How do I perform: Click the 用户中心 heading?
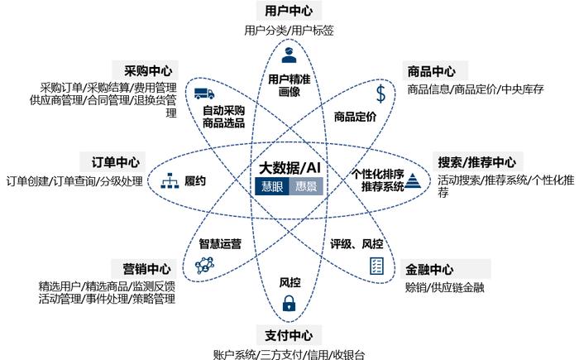[x=289, y=11]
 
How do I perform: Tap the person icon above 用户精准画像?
[x=289, y=55]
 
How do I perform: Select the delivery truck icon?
[x=204, y=94]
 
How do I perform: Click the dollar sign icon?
[x=380, y=94]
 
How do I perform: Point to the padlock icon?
[x=289, y=303]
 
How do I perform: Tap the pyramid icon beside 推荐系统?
[x=413, y=181]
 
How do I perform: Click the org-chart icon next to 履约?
[x=170, y=180]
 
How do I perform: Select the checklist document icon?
[x=376, y=266]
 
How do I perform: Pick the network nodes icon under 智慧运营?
[x=204, y=265]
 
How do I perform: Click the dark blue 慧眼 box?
[x=272, y=186]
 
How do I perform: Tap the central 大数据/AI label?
[x=289, y=168]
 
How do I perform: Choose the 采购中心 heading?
[x=148, y=70]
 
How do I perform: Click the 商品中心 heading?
[x=431, y=71]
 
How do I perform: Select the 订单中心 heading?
[x=116, y=162]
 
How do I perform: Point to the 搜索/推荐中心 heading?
[x=476, y=162]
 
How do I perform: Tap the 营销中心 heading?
[x=146, y=269]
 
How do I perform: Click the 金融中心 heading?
[x=429, y=269]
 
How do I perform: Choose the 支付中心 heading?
[x=289, y=335]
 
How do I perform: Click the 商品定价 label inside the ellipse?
[x=355, y=117]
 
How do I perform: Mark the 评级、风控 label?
[x=356, y=243]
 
